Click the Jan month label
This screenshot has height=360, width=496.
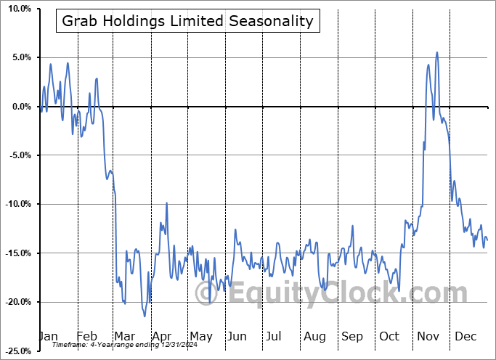(48, 336)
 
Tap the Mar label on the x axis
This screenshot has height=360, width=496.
(124, 336)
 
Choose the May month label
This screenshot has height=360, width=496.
(200, 336)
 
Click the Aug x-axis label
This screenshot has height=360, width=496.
(314, 336)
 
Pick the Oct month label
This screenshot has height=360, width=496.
(389, 336)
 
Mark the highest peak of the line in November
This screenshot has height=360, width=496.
(436, 52)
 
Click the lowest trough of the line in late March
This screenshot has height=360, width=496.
(145, 316)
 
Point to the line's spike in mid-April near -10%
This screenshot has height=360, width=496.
(167, 203)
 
